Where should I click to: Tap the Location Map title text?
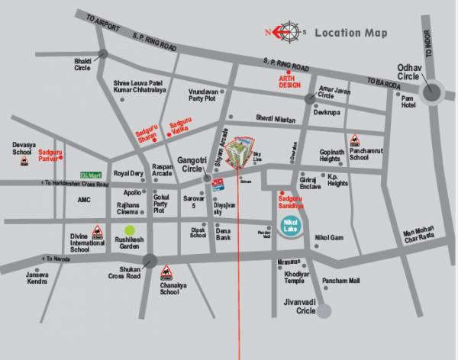(350, 33)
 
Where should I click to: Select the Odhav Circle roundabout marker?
(433, 92)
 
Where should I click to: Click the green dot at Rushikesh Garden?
(130, 230)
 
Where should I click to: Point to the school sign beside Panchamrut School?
(355, 140)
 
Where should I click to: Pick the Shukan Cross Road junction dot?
(150, 260)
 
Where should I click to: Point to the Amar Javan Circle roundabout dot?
(309, 100)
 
